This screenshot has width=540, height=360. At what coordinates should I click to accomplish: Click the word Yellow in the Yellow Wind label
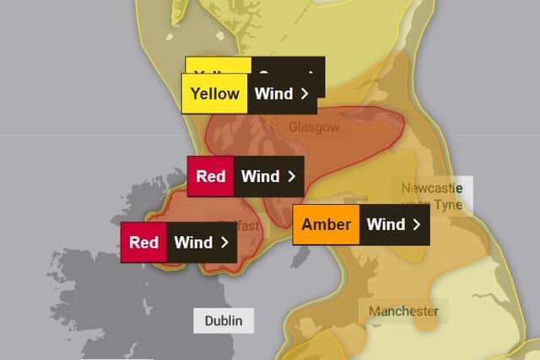click(x=215, y=94)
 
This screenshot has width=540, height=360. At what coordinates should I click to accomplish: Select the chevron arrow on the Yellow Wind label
click(x=304, y=94)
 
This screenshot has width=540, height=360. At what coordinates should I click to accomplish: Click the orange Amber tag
click(x=326, y=224)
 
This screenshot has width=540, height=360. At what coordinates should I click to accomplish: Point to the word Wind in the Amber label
click(x=386, y=224)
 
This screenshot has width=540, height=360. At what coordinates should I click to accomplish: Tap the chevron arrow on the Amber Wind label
click(x=416, y=224)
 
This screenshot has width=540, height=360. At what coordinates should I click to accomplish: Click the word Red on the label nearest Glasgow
click(x=210, y=176)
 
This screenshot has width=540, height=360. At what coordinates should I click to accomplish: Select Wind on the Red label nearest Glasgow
click(x=260, y=176)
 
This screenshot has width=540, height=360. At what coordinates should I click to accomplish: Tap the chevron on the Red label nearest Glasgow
click(x=291, y=176)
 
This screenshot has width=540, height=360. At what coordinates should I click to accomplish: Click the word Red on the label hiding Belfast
click(x=143, y=242)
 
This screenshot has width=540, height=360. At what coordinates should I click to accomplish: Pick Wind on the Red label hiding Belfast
click(x=193, y=242)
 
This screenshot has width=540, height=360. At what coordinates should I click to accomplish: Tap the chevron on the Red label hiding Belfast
click(x=224, y=242)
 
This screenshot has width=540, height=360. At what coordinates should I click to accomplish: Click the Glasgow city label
click(x=313, y=126)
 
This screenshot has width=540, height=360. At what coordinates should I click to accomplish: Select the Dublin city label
click(x=223, y=320)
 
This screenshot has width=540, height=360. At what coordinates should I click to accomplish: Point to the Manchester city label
click(x=403, y=311)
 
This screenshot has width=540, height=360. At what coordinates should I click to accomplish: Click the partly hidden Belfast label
click(x=245, y=225)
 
